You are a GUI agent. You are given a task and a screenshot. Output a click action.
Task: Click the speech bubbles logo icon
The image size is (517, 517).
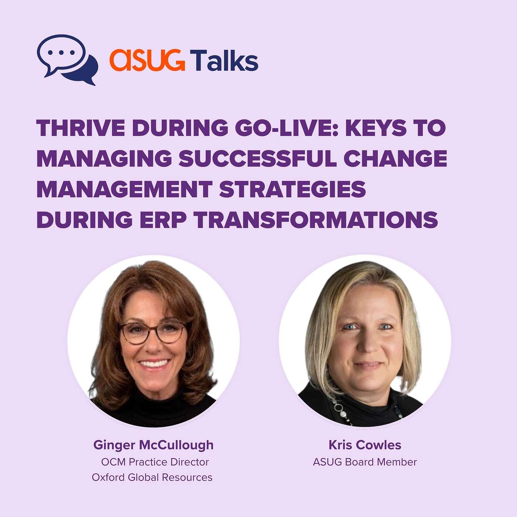(67, 59)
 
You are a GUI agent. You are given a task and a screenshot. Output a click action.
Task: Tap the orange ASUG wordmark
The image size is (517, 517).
(147, 60)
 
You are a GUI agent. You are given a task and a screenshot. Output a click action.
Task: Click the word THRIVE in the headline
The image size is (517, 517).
(81, 128)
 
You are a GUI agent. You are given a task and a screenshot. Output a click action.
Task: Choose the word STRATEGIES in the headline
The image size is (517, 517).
(293, 189)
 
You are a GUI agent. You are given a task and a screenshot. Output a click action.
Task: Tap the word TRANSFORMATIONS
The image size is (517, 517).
(316, 220)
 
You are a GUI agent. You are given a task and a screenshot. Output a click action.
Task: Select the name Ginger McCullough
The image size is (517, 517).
(154, 445)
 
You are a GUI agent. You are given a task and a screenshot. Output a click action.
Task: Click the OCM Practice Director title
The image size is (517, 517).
(155, 462)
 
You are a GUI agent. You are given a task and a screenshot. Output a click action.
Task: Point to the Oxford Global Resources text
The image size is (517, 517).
(152, 477)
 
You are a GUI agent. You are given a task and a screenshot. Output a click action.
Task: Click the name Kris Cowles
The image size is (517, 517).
(365, 445)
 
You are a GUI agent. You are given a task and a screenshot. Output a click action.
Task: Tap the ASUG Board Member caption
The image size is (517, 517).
(365, 462)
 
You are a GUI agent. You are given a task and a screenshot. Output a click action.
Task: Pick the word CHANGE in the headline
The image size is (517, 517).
(395, 158)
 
